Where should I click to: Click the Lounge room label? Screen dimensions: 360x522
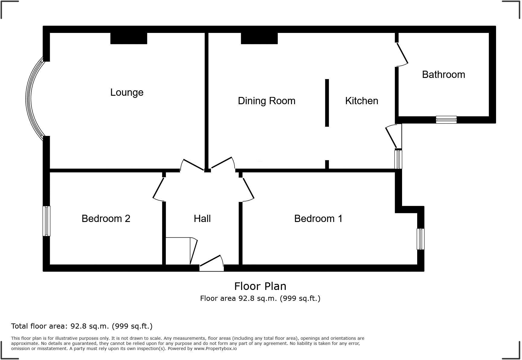[x=127, y=92]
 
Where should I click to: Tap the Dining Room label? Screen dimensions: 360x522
[x=266, y=101]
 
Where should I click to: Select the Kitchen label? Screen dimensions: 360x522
[x=361, y=101]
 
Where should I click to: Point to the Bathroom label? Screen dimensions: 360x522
[x=443, y=75]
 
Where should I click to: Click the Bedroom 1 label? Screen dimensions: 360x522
[x=318, y=219]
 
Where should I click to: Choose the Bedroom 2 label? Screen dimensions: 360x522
[x=106, y=219]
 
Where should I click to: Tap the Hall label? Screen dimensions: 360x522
[x=202, y=219]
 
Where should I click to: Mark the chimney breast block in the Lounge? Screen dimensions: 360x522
[x=129, y=38]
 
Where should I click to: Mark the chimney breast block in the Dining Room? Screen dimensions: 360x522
[x=259, y=38]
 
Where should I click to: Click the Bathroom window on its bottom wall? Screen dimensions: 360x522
[x=446, y=120]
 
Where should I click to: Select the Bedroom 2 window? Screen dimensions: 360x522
[x=46, y=221]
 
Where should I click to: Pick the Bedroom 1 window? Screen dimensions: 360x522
[x=420, y=239]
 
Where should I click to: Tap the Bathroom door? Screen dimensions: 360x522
[x=402, y=54]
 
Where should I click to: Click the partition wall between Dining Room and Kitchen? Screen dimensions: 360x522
[x=327, y=103]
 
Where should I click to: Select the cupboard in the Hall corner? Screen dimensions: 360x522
[x=178, y=251]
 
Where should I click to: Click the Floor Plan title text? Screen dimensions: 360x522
[x=260, y=286]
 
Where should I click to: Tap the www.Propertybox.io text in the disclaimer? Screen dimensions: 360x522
[x=215, y=349]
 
